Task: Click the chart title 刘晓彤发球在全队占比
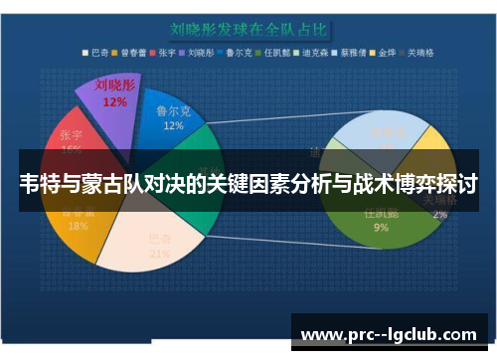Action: pyautogui.click(x=247, y=30)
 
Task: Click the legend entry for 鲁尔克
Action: pyautogui.click(x=237, y=52)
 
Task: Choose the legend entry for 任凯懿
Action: pyautogui.click(x=273, y=52)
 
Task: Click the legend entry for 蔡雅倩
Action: pyautogui.click(x=345, y=52)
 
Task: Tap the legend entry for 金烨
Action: pyautogui.click(x=379, y=52)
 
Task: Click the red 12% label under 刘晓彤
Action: pyautogui.click(x=113, y=100)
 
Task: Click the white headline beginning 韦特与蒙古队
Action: pyautogui.click(x=248, y=184)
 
